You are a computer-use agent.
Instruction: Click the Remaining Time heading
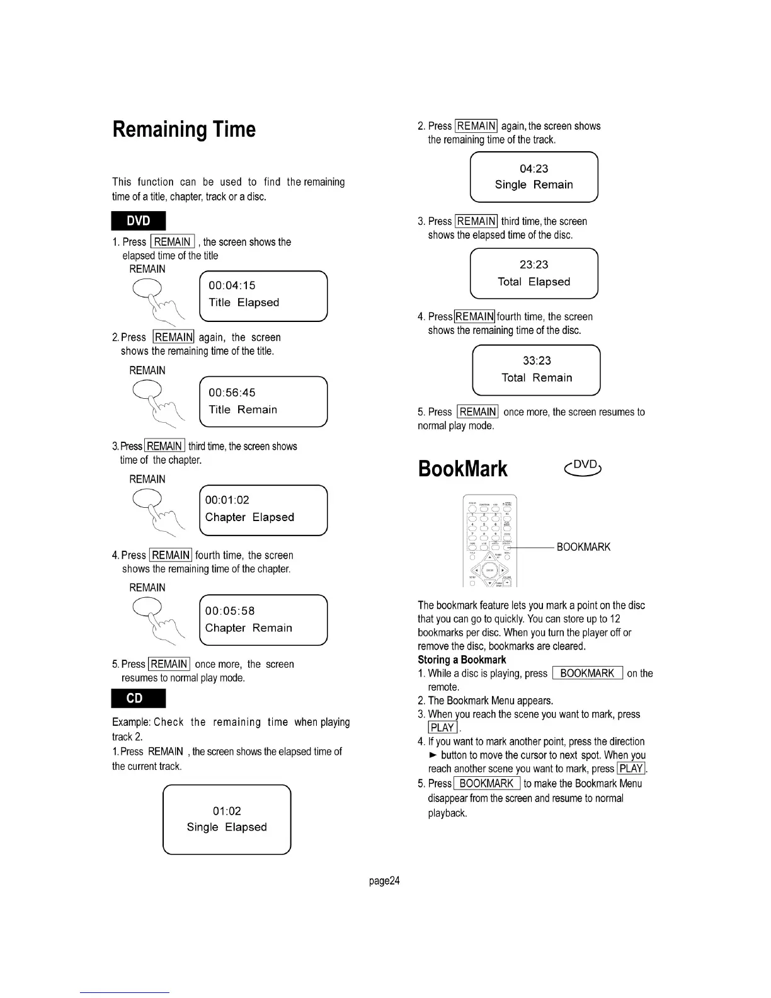pos(184,130)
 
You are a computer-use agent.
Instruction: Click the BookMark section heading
pos(462,469)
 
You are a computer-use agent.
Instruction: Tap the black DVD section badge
pos(139,221)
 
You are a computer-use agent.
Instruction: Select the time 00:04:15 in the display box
pos(232,285)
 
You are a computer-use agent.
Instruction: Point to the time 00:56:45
pos(232,393)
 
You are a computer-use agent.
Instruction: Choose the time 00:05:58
pos(230,611)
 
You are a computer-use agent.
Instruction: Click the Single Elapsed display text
pos(227,827)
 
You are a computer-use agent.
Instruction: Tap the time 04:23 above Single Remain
pos(534,169)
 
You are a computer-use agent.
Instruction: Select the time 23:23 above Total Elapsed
pos(534,265)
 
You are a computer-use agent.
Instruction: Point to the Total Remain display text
pos(537,378)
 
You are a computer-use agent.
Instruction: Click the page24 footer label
pos(384,881)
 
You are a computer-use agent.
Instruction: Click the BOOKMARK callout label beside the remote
pos(583,547)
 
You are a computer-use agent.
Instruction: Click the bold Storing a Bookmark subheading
pos(462,660)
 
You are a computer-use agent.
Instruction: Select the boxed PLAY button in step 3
pos(442,728)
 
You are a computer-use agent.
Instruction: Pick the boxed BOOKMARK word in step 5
pos(486,783)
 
